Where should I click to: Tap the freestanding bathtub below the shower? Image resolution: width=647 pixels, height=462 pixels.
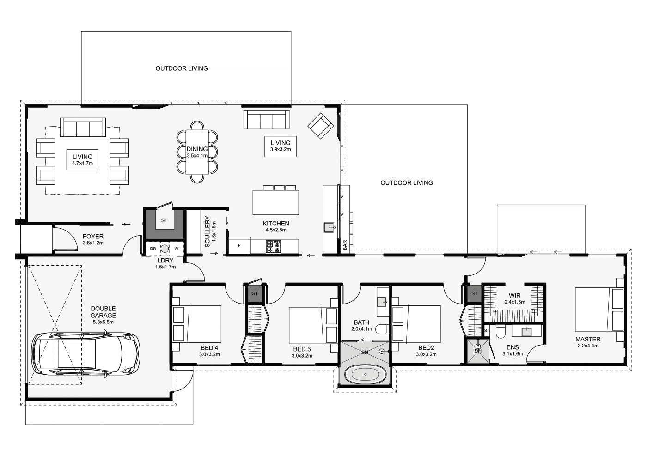[x=365, y=375]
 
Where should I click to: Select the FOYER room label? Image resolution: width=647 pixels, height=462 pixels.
[x=93, y=237]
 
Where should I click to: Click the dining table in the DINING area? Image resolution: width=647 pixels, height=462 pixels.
[x=197, y=152]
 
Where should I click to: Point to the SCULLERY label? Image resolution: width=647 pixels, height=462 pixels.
[x=207, y=231]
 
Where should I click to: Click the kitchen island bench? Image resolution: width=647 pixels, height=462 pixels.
[x=275, y=202]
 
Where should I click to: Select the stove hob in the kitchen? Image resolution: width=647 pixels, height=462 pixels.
[x=273, y=247]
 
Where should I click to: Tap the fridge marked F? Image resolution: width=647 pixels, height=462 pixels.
[x=239, y=246]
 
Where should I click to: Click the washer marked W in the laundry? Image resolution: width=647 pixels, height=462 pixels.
[x=177, y=249]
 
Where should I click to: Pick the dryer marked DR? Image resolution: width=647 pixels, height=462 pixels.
[x=153, y=249]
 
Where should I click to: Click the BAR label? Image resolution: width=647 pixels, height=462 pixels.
[x=345, y=245]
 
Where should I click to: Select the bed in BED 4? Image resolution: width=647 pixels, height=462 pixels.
[x=197, y=324]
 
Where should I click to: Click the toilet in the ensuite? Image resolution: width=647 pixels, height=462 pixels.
[x=500, y=332]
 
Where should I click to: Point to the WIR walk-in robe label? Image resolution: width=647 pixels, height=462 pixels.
[x=515, y=296]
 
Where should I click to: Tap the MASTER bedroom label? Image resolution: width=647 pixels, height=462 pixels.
[x=588, y=339]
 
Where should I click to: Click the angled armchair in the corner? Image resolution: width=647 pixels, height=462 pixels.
[x=321, y=126]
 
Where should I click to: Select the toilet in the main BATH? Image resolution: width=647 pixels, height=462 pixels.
[x=382, y=328]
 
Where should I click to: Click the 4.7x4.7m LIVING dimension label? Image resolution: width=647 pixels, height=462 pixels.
[x=82, y=164]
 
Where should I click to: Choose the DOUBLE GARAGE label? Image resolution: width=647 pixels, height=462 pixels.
[x=103, y=312]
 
